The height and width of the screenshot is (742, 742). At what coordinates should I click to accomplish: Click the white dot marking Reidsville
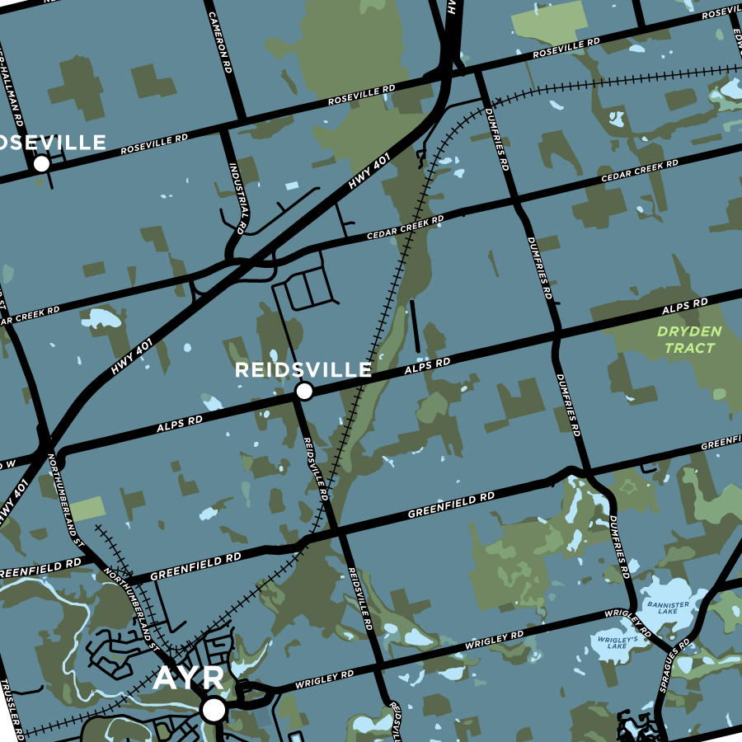click(304, 391)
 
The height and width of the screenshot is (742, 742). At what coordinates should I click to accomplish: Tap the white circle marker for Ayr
click(214, 709)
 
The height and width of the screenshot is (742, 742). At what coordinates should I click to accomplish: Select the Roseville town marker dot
click(41, 164)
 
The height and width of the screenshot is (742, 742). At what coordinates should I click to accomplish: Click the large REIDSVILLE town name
click(303, 370)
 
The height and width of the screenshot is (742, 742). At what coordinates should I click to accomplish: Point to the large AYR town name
click(189, 679)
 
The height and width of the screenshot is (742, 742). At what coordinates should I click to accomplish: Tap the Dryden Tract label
click(689, 340)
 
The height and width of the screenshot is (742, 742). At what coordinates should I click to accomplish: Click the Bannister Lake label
click(668, 608)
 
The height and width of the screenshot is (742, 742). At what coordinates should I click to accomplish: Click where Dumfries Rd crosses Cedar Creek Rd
click(516, 200)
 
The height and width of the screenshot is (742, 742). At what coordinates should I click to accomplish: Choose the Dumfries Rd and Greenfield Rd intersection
click(588, 472)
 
